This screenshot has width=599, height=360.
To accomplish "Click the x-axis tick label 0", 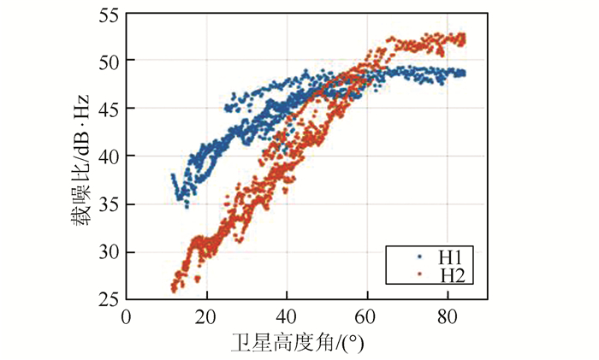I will click(x=127, y=314).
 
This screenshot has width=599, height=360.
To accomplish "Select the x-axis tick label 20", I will click(x=206, y=314).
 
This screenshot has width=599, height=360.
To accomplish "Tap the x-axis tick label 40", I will click(x=287, y=314).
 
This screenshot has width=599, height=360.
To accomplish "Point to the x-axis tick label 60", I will click(x=367, y=314).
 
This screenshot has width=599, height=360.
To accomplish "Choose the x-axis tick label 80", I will click(x=447, y=314).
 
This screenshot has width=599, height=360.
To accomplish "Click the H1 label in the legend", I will click(x=452, y=256).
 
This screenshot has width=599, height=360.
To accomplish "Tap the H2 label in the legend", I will click(x=452, y=274).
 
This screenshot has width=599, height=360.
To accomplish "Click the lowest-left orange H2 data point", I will click(x=174, y=290).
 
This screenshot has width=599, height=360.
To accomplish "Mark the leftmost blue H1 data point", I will click(x=173, y=176).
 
